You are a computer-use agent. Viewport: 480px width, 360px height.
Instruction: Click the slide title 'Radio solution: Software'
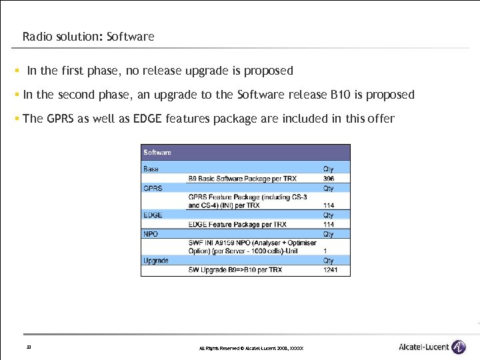[x=88, y=37]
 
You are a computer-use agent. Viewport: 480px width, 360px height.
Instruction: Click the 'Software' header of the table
[x=157, y=153]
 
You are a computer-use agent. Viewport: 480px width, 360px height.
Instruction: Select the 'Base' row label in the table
[x=151, y=169]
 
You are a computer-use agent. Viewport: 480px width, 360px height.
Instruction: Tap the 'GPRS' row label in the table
[x=153, y=188]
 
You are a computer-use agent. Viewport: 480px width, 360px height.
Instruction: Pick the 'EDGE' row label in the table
[x=153, y=215]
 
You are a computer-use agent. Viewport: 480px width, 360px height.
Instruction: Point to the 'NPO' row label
[x=150, y=234]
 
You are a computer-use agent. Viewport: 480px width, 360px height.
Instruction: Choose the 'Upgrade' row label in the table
[x=156, y=261]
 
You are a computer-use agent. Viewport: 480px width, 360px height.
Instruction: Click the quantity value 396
[x=329, y=179]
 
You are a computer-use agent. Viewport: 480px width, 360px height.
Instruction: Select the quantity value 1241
[x=330, y=270]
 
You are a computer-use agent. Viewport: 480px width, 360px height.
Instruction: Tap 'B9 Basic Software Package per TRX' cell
[x=242, y=179]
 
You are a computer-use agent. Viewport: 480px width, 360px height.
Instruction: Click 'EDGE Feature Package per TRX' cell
[x=237, y=225]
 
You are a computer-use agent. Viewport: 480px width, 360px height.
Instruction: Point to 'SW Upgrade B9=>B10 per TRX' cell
[x=235, y=270]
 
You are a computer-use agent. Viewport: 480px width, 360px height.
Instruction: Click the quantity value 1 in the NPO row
[x=325, y=251]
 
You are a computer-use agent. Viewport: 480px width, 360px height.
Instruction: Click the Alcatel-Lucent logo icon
[x=458, y=347]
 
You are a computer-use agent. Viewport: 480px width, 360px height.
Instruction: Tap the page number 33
[x=29, y=347]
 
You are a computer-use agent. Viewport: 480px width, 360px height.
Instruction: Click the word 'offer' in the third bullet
[x=380, y=119]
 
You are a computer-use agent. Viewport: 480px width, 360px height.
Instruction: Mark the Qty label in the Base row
[x=329, y=169]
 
